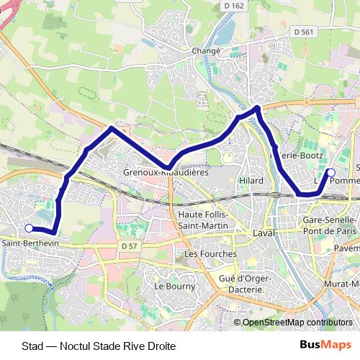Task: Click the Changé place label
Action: [x=205, y=51]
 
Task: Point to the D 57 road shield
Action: [x=128, y=246]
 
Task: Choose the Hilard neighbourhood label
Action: [x=251, y=180]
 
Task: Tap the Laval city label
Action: [x=265, y=234]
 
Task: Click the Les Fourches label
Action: [x=210, y=254]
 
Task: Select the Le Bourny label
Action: [x=171, y=285]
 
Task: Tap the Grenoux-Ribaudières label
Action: [x=166, y=173]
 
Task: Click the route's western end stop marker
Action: [x=29, y=228]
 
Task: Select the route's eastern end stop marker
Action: [x=330, y=172]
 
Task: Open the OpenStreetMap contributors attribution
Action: [x=297, y=323]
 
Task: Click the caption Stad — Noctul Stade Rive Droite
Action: [x=99, y=346]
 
